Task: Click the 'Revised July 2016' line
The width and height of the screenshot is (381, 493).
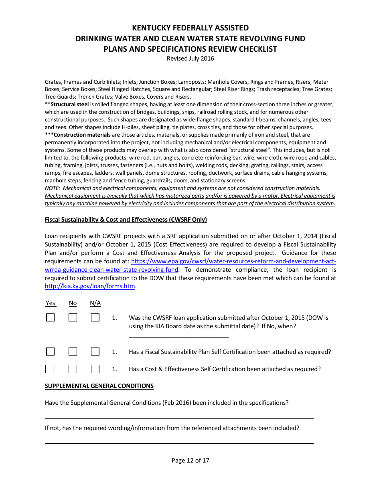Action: pos(190,59)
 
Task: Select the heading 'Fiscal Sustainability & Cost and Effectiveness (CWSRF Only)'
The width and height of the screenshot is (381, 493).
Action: pos(126,220)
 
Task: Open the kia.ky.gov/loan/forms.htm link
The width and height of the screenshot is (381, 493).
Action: pos(90,286)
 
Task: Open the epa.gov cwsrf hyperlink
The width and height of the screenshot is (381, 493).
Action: pos(233,261)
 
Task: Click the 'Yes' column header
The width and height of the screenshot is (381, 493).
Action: pos(50,303)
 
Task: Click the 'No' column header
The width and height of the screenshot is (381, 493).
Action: pos(73,303)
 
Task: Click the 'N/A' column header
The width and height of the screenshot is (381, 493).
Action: pos(95,303)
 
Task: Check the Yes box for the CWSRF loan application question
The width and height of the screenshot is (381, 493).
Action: pos(50,317)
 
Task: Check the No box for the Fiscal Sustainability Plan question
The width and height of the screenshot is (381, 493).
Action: pos(73,352)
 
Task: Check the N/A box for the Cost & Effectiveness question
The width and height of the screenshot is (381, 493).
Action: pos(95,369)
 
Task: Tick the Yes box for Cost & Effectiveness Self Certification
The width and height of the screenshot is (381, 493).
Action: pos(50,369)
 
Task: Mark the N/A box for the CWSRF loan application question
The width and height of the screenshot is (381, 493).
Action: pos(95,317)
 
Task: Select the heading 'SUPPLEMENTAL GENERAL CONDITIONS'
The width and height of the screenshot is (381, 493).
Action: pos(99,386)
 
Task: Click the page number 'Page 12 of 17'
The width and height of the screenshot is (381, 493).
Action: pos(190,461)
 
